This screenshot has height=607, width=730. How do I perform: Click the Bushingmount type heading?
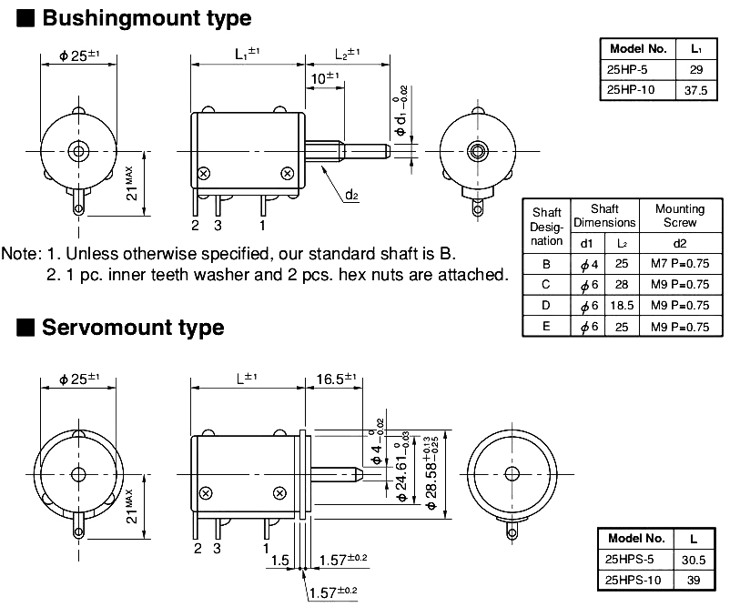146,17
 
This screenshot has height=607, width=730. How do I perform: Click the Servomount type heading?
132,327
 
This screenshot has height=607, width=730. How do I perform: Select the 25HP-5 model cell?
637,69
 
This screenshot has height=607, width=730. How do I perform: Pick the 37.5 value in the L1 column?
695,89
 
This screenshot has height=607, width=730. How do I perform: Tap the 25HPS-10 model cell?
634,579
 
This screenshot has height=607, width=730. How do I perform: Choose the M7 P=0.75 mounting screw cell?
679,264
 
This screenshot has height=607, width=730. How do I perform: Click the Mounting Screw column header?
680,215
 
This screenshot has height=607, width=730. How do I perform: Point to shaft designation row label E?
546,327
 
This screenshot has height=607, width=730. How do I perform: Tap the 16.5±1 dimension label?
338,379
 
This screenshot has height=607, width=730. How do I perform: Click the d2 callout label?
351,194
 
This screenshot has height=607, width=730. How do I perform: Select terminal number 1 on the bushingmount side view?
263,224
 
